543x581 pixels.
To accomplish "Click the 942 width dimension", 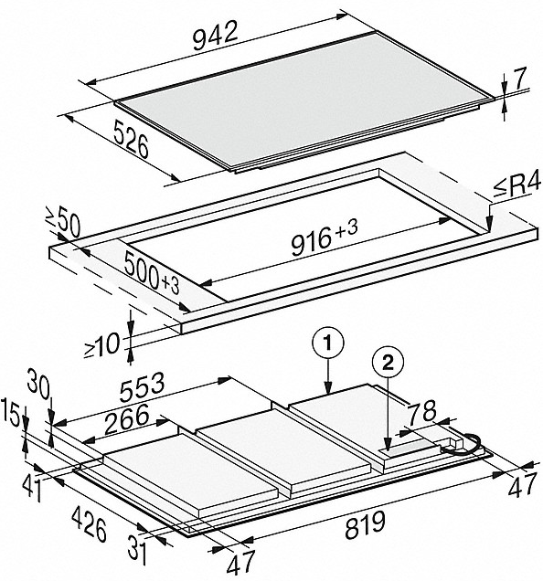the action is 215,37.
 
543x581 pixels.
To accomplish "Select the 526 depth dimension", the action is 132,139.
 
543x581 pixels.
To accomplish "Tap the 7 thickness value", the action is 519,79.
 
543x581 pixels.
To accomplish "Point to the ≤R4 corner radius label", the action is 517,187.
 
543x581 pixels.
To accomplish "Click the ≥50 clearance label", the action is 62,222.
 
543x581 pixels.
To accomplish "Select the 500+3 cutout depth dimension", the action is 152,272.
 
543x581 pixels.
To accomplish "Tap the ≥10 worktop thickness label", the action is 102,345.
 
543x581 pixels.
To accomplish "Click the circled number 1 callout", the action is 328,343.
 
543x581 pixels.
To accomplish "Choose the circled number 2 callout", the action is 388,364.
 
